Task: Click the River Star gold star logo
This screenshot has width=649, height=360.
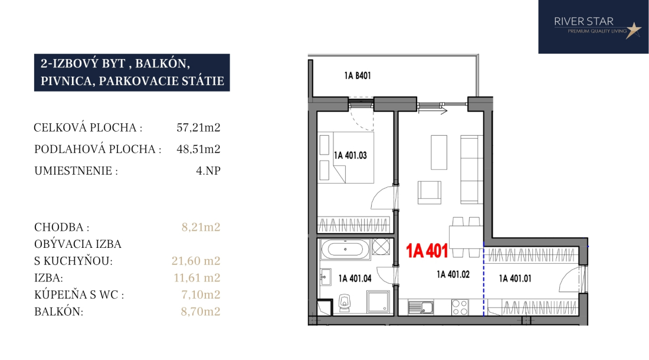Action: click(633, 30)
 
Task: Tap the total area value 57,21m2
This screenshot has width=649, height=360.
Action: click(198, 127)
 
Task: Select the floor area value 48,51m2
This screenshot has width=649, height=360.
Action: click(198, 149)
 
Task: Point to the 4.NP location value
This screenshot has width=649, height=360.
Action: click(208, 171)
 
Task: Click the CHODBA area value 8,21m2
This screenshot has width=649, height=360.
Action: click(201, 227)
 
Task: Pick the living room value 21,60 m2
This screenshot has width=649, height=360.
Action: click(196, 261)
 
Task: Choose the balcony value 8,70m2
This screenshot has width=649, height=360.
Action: click(201, 311)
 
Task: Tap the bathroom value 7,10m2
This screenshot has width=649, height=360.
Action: click(201, 294)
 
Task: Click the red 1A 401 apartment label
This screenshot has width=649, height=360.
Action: click(427, 251)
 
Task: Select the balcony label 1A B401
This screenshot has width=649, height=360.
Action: click(357, 76)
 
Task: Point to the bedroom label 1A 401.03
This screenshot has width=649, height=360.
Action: click(350, 156)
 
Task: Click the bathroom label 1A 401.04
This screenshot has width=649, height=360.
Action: click(355, 279)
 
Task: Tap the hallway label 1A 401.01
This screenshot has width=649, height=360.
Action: click(515, 279)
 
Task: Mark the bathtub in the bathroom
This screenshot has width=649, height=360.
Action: click(345, 250)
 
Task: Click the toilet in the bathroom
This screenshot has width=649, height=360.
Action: click(345, 303)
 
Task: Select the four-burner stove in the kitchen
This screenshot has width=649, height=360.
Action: click(460, 307)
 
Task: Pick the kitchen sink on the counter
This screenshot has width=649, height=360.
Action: click(421, 307)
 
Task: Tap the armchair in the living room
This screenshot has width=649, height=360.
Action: click(429, 192)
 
